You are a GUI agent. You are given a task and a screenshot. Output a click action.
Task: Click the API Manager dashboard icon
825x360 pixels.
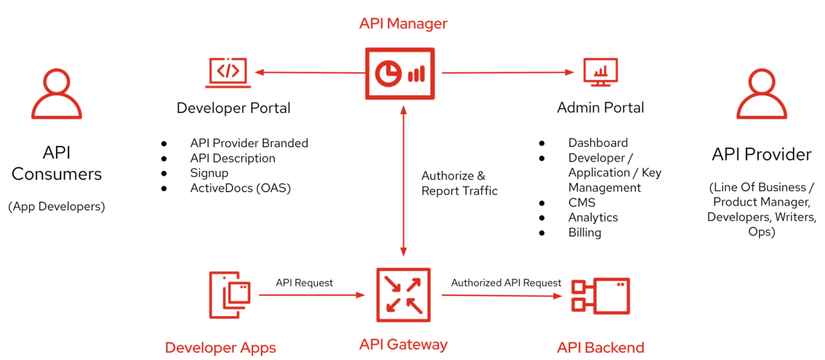tap(400, 74)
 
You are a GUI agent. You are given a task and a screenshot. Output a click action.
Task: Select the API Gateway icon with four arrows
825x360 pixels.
tap(403, 294)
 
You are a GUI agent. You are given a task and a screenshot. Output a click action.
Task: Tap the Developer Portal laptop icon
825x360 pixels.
tap(228, 73)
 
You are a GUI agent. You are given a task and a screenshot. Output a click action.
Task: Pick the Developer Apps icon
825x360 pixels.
tap(230, 295)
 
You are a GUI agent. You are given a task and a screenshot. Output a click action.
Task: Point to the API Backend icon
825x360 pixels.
tap(600, 296)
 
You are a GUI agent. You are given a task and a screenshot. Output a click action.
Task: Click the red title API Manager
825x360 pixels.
tap(403, 24)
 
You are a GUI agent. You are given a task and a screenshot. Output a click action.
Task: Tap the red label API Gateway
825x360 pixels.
tap(403, 344)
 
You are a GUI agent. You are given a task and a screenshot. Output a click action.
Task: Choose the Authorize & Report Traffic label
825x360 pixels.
tap(459, 183)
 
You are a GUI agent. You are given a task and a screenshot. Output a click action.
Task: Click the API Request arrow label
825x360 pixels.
tap(304, 283)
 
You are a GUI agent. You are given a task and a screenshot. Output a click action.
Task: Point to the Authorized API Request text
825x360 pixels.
tap(506, 283)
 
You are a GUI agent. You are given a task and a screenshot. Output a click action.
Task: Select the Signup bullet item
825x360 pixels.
tap(209, 173)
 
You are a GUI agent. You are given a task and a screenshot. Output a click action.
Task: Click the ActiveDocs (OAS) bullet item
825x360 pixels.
tap(240, 188)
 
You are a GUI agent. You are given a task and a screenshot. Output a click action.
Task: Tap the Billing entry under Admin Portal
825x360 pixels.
tap(584, 233)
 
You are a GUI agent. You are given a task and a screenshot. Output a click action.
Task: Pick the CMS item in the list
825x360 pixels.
tap(582, 203)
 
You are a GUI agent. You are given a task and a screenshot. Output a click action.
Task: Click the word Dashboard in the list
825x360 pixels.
tap(598, 143)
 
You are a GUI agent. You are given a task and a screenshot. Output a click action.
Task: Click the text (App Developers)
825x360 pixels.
tap(56, 206)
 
